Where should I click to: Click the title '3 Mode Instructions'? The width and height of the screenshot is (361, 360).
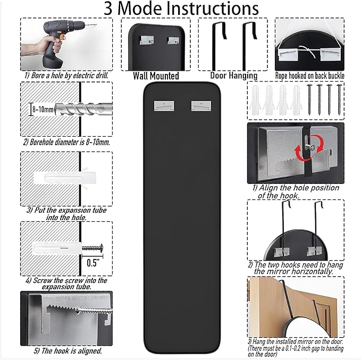click(181, 9)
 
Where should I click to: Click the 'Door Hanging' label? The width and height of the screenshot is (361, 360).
click(234, 76)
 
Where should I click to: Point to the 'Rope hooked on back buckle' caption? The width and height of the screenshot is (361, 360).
click(309, 76)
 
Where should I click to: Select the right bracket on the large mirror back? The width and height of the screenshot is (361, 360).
click(202, 104)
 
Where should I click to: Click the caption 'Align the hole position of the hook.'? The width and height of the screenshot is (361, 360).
click(295, 191)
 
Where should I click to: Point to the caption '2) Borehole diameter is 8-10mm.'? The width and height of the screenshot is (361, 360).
click(66, 142)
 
